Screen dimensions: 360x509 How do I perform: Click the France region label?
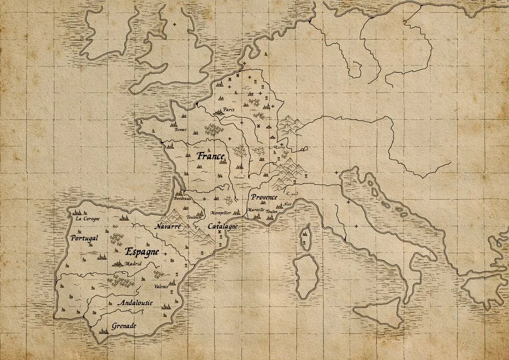pos(210,156)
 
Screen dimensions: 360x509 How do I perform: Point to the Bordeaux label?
pos(182,198)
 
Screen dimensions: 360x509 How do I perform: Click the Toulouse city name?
pos(194,217)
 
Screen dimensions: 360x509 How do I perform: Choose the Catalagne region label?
pos(222,226)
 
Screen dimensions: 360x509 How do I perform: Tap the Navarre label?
pos(167,227)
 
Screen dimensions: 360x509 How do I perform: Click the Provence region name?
pos(264,197)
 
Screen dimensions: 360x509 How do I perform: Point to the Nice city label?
pos(287,204)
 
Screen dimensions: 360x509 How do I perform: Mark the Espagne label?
pos(142,251)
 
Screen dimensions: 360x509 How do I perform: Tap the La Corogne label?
pos(88,219)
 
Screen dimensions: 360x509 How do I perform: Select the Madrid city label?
pos(133,264)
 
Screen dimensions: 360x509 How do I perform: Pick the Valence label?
pos(161,286)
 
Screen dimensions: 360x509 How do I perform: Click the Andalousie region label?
pos(134,303)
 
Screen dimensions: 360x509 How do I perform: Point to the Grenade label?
pos(123,326)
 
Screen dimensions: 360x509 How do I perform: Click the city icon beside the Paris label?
pos(217,113)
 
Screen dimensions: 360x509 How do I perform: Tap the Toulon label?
pos(272,211)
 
